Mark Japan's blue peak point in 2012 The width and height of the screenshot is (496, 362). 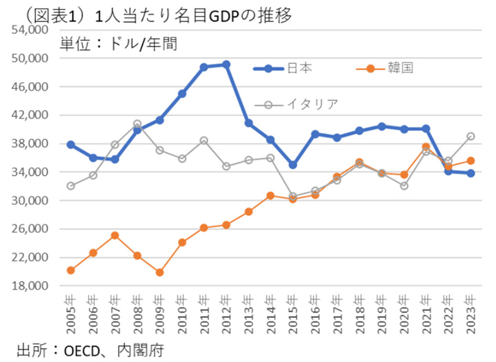coord(226,64)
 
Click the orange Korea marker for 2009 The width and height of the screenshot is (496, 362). coord(160,272)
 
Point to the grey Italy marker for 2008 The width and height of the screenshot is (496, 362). coord(138,124)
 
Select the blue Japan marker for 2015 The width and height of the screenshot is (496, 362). coord(293,165)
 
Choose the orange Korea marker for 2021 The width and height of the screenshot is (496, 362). coord(426,147)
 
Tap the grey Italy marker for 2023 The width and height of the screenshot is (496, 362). coord(471,136)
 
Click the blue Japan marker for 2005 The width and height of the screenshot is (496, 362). coord(71,144)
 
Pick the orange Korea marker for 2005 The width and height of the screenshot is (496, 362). coord(71,270)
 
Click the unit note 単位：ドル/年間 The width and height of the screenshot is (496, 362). coord(118,44)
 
